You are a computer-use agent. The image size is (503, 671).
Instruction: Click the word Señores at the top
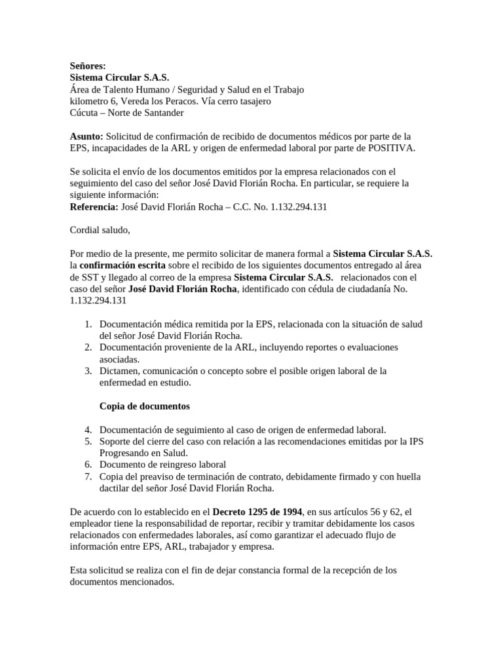click(88, 66)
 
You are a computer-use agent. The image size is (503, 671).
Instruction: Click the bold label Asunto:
click(86, 136)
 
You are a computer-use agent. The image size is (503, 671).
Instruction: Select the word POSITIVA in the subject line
click(391, 148)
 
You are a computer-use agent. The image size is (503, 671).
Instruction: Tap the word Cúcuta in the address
click(86, 113)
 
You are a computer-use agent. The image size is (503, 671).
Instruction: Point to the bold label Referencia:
click(94, 207)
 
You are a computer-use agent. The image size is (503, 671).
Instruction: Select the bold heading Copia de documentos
click(144, 406)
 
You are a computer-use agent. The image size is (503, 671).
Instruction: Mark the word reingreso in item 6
click(171, 465)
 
